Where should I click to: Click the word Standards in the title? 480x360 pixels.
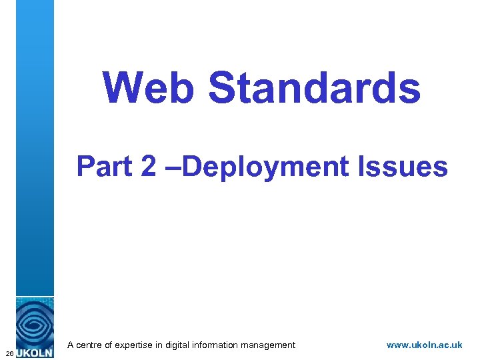(315, 87)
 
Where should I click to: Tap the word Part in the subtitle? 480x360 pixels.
(105, 166)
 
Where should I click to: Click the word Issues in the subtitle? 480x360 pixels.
(403, 166)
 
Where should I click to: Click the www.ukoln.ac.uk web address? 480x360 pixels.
(424, 345)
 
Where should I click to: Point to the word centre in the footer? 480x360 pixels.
(91, 345)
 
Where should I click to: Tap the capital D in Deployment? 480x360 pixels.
(190, 166)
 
